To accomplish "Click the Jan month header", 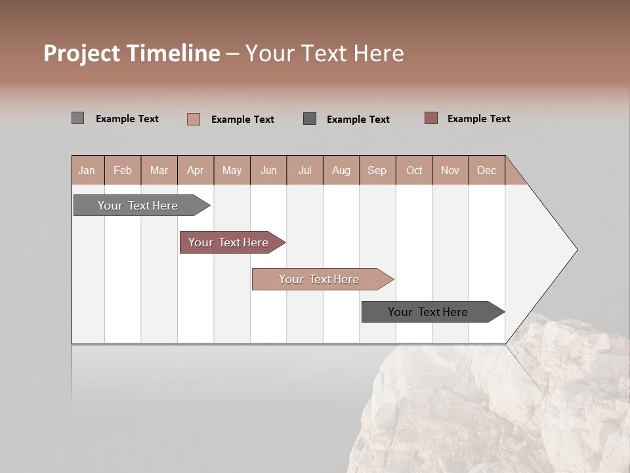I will click(x=87, y=170).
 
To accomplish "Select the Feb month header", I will click(x=123, y=170).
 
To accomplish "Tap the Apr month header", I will click(x=195, y=170).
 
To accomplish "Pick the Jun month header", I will click(x=268, y=170).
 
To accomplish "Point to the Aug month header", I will click(x=341, y=170).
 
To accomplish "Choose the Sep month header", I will click(x=377, y=170).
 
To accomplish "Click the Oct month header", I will click(x=414, y=170).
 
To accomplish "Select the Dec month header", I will click(x=486, y=170).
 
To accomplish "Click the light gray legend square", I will click(x=77, y=118).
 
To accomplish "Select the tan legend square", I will click(x=194, y=119).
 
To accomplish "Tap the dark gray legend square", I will click(x=310, y=118).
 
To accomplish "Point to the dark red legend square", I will click(x=430, y=118).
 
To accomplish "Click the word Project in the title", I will click(x=81, y=53).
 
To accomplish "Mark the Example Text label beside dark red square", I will click(x=478, y=119).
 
